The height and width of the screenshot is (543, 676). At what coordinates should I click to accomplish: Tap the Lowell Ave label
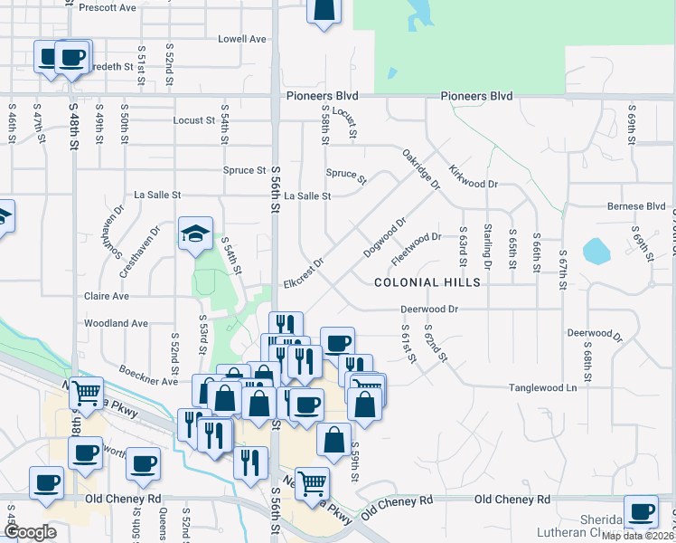pyautogui.click(x=242, y=39)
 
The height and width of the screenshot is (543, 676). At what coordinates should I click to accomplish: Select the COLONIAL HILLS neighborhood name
pyautogui.click(x=427, y=282)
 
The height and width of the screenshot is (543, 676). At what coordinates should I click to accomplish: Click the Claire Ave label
pyautogui.click(x=107, y=296)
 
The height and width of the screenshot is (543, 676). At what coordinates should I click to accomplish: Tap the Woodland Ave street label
pyautogui.click(x=116, y=323)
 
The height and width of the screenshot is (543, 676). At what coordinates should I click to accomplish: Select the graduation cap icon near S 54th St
pyautogui.click(x=196, y=233)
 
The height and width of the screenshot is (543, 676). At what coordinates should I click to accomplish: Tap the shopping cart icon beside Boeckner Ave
pyautogui.click(x=86, y=394)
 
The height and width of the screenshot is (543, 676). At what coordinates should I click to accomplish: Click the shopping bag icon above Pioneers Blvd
pyautogui.click(x=324, y=9)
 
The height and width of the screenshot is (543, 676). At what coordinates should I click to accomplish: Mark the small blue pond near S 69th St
pyautogui.click(x=595, y=249)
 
